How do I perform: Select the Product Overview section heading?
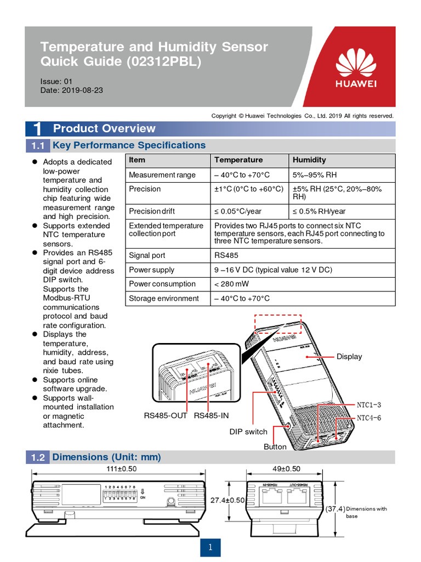[104, 128]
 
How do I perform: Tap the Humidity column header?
[309, 160]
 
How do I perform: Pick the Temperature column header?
[238, 160]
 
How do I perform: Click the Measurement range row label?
[162, 175]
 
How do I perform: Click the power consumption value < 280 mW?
[233, 284]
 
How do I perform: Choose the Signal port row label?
[147, 255]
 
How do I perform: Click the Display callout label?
[349, 357]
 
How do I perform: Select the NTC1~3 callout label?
[369, 405]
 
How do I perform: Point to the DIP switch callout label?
[248, 432]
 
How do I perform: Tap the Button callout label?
[275, 447]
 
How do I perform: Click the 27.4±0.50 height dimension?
[227, 500]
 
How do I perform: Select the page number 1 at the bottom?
[210, 547]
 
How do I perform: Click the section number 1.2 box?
[37, 457]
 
